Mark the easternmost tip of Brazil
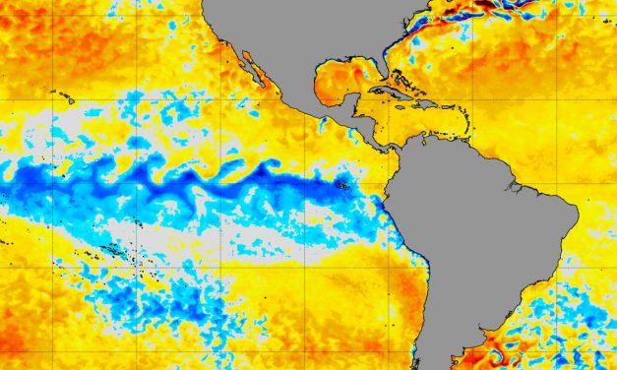[576, 215]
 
